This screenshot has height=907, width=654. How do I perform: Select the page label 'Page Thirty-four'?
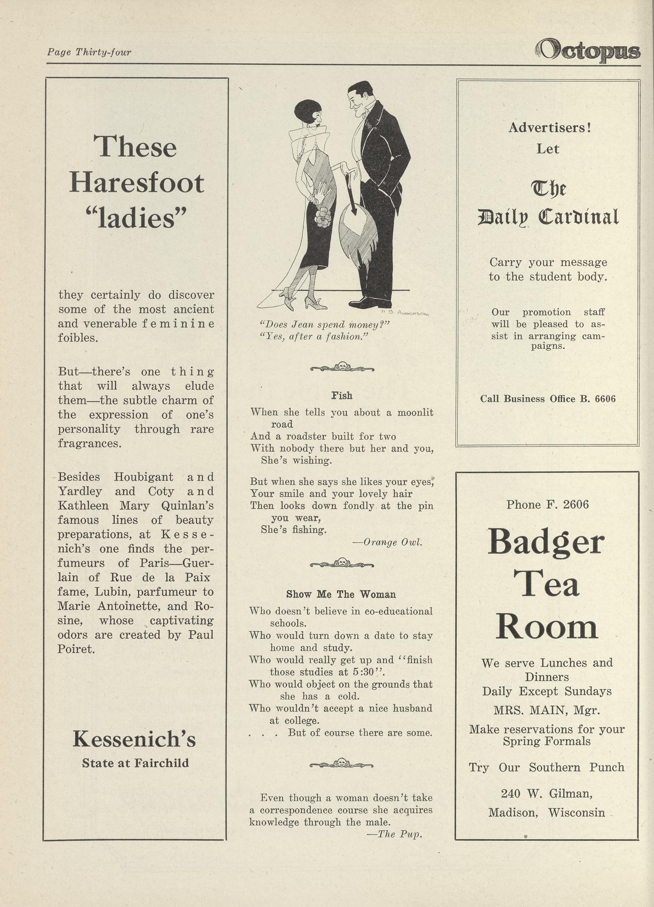[x=89, y=52]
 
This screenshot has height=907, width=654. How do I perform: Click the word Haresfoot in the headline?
[x=137, y=183]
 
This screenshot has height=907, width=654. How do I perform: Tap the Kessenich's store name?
[x=134, y=739]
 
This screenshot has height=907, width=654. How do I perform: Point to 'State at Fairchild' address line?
[x=135, y=763]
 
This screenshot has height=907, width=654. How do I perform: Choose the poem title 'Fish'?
[x=342, y=395]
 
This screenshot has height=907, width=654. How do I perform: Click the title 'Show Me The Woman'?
[x=341, y=594]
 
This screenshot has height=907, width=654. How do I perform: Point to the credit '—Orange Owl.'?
[x=387, y=542]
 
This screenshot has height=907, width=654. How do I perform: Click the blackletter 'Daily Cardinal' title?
[x=548, y=217]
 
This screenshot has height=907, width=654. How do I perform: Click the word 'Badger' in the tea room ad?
[x=546, y=542]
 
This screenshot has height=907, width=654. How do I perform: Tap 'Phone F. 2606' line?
[x=547, y=505]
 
